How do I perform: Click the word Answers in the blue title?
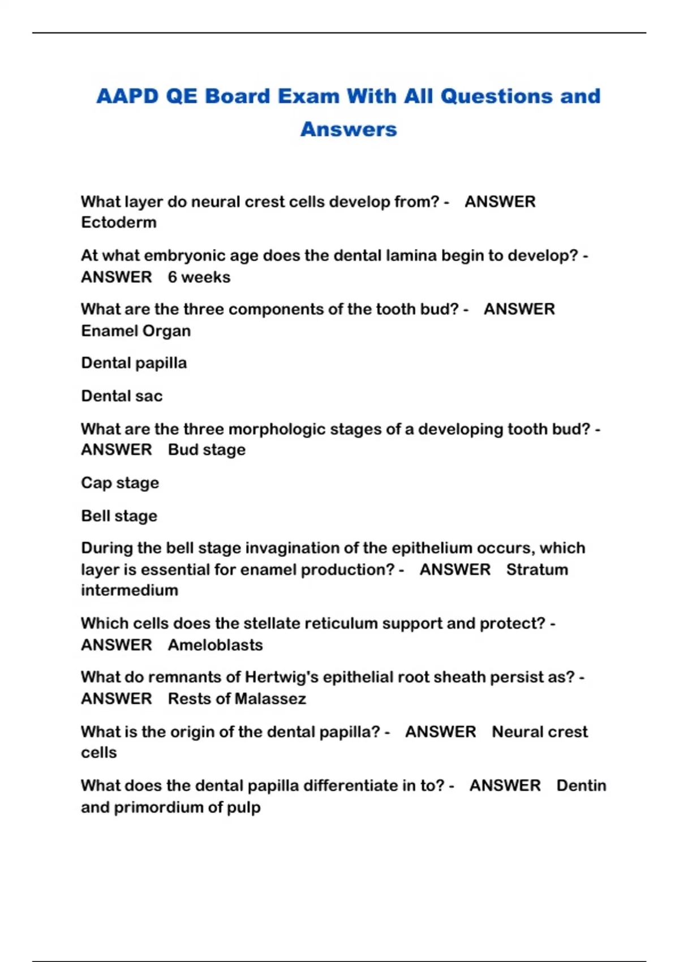pyautogui.click(x=349, y=129)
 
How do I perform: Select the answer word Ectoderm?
pyautogui.click(x=119, y=222)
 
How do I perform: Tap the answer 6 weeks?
pyautogui.click(x=199, y=277)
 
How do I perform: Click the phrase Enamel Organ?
pyautogui.click(x=136, y=330)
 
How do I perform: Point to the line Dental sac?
pyautogui.click(x=122, y=396)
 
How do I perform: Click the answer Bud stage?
pyautogui.click(x=207, y=450)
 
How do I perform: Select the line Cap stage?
pyautogui.click(x=120, y=483)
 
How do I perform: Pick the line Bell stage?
pyautogui.click(x=119, y=516)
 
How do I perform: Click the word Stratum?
pyautogui.click(x=537, y=569)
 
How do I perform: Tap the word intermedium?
pyautogui.click(x=130, y=590)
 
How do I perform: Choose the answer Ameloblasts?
pyautogui.click(x=216, y=645)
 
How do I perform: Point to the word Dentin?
pyautogui.click(x=581, y=785)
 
